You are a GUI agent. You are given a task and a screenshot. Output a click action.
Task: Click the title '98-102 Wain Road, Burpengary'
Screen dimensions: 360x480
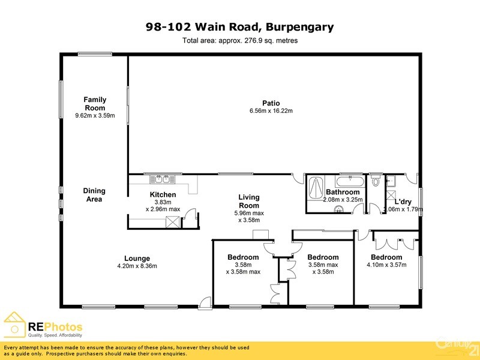[240, 27]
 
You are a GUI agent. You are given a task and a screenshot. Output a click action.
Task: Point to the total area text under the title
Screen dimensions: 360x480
[240, 41]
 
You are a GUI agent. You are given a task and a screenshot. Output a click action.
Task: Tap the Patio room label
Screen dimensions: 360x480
[271, 103]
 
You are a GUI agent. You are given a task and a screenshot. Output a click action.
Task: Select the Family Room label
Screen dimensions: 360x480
[95, 104]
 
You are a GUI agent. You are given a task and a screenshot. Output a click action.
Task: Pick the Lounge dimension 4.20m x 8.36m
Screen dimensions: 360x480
[137, 266]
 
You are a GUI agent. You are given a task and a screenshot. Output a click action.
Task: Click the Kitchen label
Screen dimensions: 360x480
[163, 195]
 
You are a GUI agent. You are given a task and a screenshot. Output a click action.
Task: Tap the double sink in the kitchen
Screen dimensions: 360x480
[163, 179]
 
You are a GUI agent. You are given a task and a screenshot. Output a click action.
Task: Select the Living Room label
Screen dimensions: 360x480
[249, 201]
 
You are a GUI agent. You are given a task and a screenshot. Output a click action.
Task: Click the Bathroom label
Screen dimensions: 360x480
[343, 193]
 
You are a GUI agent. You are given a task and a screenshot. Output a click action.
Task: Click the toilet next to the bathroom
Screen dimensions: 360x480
[376, 179]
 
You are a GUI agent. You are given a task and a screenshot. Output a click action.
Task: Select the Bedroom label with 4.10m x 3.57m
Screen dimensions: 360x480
[386, 257]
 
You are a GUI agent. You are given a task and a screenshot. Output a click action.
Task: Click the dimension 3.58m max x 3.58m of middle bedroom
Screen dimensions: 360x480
[323, 268]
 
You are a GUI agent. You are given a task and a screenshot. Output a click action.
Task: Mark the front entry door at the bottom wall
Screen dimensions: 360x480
[206, 304]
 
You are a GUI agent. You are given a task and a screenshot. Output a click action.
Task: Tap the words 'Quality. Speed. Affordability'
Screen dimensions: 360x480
[55, 335]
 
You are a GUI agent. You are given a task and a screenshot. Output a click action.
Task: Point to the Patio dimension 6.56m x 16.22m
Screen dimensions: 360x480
[271, 111]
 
